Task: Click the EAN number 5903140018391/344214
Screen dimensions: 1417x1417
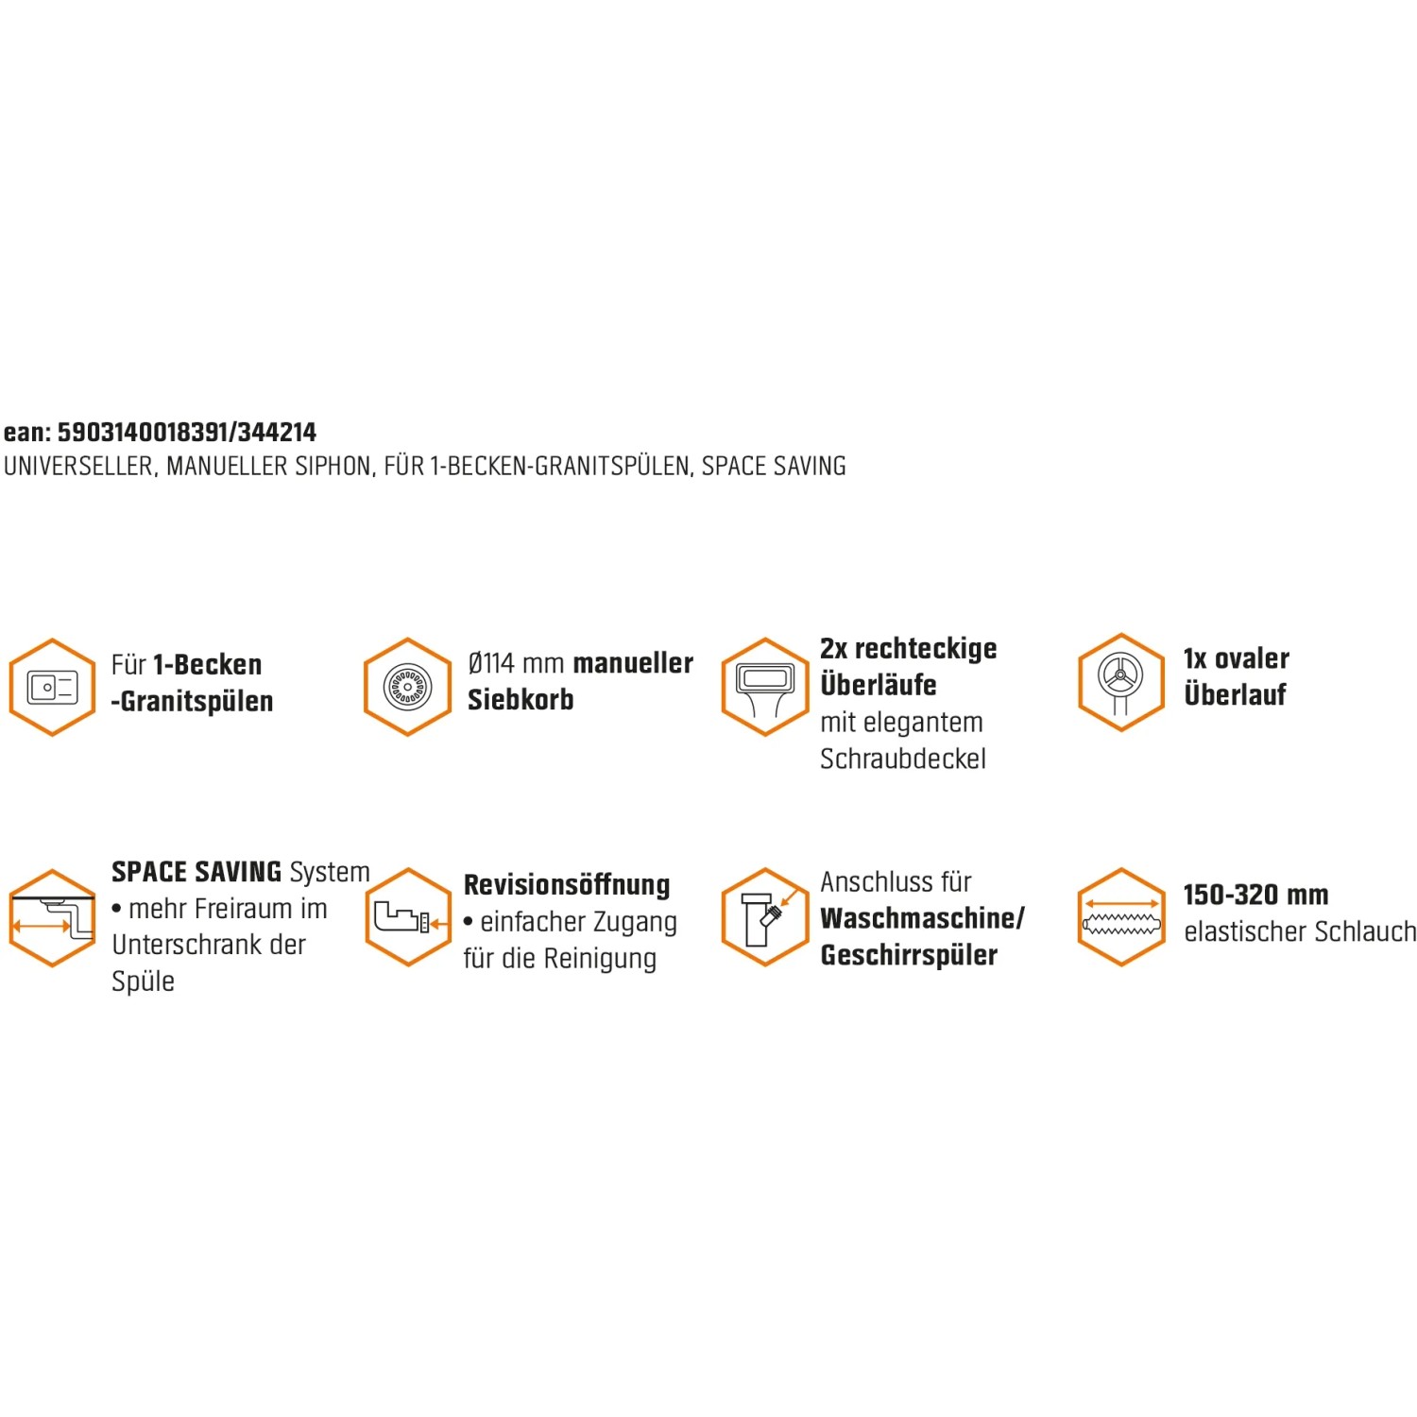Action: coord(187,433)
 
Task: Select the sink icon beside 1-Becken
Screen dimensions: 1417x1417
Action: coord(52,687)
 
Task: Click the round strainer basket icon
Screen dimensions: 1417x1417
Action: coord(407,687)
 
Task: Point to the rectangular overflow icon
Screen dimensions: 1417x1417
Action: coord(764,687)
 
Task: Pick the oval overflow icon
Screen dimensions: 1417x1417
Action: coord(1121,682)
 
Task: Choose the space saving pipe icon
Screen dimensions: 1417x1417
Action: coord(52,917)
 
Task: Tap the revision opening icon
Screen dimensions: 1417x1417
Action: coord(408,917)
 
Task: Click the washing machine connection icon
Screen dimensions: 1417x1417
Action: coord(764,917)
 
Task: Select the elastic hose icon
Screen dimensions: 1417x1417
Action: coord(1121,917)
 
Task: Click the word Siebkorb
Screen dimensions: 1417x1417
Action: coord(521,700)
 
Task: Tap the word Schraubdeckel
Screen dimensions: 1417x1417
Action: coord(903,760)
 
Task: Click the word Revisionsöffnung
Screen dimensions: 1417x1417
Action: coord(567,885)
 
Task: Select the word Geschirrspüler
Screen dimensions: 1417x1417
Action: coord(909,956)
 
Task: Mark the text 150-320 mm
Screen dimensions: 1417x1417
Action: coord(1255,895)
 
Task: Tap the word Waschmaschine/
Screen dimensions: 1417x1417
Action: coord(922,918)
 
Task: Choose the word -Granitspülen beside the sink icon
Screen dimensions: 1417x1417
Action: coord(192,702)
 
